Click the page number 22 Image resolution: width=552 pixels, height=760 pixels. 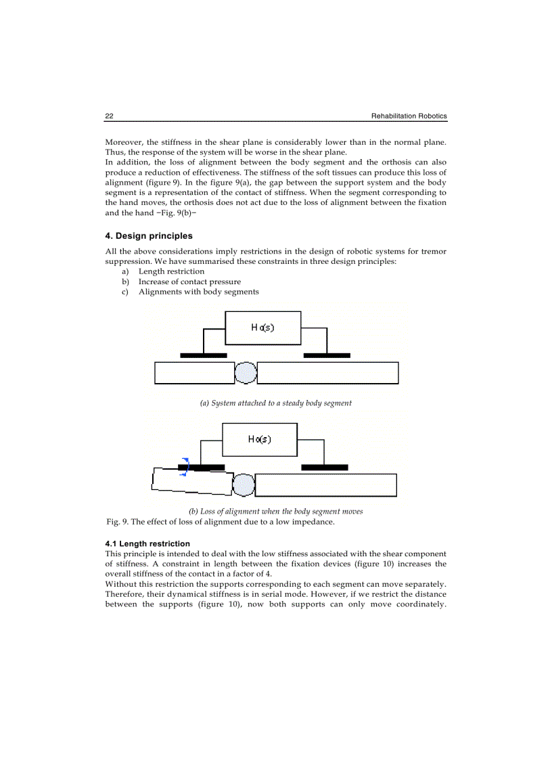click(x=109, y=116)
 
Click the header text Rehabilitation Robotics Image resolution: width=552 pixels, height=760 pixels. click(x=409, y=116)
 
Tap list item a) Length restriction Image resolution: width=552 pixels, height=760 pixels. click(x=171, y=271)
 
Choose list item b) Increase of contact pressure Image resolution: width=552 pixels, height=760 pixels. click(x=189, y=282)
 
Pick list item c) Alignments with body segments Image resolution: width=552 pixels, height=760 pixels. click(x=198, y=292)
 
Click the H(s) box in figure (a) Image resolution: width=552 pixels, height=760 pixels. click(x=262, y=328)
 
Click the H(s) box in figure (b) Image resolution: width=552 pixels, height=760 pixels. click(x=260, y=439)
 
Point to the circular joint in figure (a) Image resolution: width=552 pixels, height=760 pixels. click(x=246, y=373)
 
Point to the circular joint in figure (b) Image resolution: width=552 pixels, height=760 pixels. click(x=244, y=485)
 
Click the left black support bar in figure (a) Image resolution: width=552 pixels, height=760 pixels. click(x=204, y=355)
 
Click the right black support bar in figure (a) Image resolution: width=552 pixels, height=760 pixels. click(x=327, y=355)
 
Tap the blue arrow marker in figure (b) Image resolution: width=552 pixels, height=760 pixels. click(x=183, y=467)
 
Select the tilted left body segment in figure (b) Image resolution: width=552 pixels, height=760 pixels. click(x=192, y=480)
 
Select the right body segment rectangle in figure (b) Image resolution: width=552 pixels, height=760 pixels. click(x=325, y=485)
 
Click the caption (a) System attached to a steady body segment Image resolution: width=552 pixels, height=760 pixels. click(x=275, y=403)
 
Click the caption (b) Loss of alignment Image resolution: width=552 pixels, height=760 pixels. click(x=275, y=512)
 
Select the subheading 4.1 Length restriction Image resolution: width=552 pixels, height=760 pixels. click(x=147, y=543)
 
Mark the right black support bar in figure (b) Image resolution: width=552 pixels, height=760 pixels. click(x=324, y=467)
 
